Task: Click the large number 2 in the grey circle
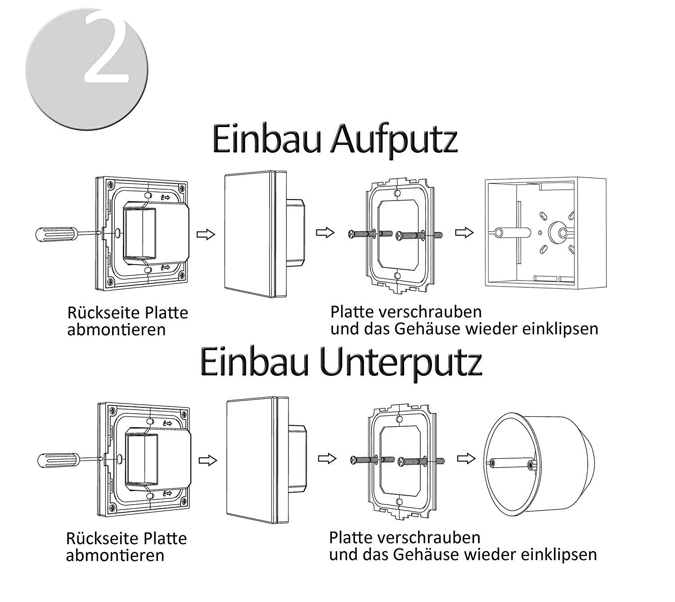click(x=106, y=47)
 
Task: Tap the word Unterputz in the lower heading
click(x=401, y=365)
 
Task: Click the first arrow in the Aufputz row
click(x=206, y=234)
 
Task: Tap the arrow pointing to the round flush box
click(x=466, y=459)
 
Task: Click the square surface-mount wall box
click(x=545, y=233)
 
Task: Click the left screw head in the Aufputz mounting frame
click(x=352, y=234)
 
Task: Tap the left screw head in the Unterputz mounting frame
click(x=354, y=461)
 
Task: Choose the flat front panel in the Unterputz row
click(x=252, y=460)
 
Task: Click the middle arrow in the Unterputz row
click(x=327, y=459)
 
